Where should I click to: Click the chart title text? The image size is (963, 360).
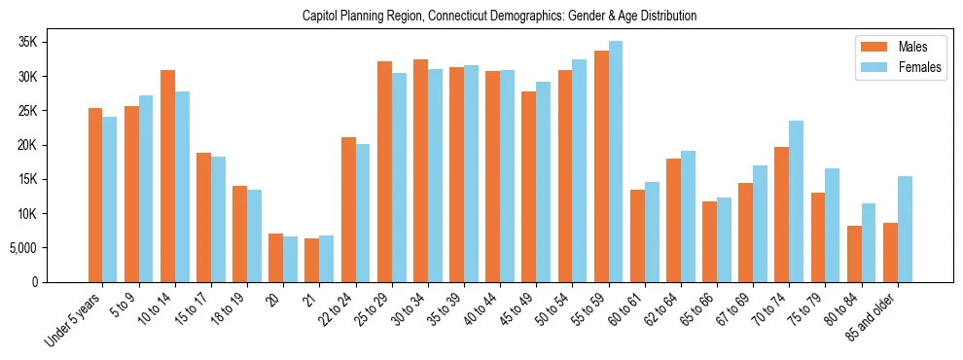point(499,17)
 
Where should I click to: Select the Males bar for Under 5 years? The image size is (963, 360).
point(95,195)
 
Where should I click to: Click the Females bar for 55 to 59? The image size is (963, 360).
point(616,162)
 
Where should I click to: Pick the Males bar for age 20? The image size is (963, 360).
point(275,258)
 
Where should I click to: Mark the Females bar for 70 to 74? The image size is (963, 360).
point(797,201)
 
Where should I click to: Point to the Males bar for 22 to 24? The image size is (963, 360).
point(348,209)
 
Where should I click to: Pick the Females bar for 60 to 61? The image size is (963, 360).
point(652,232)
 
